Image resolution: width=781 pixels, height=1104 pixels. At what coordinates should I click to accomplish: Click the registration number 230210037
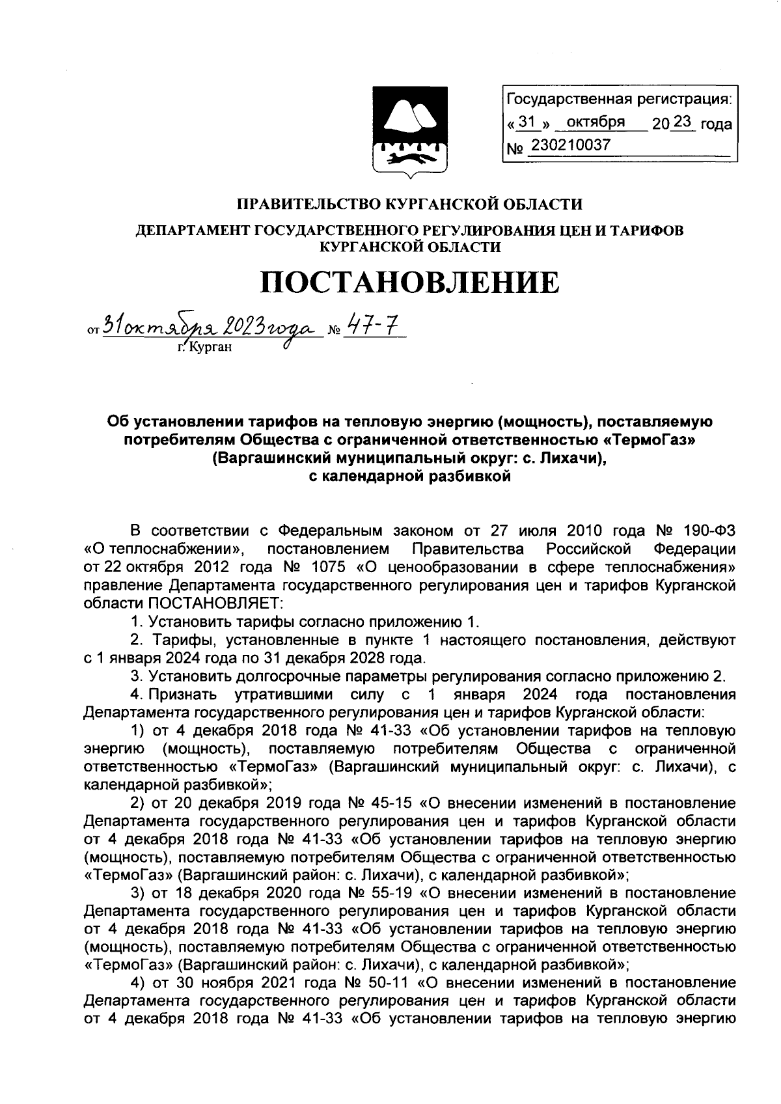[x=571, y=145]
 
